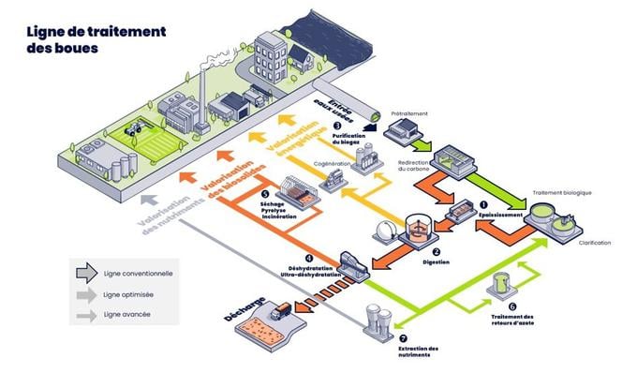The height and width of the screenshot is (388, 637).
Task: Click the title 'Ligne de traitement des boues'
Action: point(96,39)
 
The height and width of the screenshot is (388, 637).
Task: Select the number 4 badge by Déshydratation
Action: point(309,257)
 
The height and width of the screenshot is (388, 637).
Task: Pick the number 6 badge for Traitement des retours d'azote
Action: point(511,306)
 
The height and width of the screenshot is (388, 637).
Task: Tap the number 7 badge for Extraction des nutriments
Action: point(403,337)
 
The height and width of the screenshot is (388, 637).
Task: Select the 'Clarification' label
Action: point(589,243)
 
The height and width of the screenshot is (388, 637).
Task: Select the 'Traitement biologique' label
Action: point(562,193)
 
